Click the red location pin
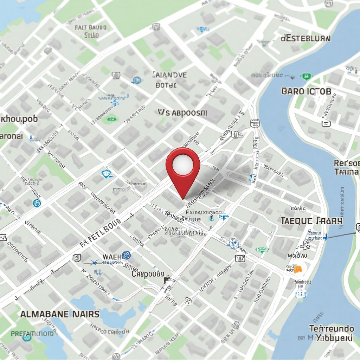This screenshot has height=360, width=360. [x=183, y=169]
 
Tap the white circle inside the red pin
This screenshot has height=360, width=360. [x=183, y=162]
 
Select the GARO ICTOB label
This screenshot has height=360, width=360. [x=306, y=91]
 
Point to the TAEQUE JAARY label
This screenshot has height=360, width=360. [x=311, y=221]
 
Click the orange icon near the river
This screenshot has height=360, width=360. [x=297, y=269]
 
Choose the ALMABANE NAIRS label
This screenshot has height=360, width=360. [x=60, y=314]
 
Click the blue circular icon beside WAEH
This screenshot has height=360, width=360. [x=127, y=256]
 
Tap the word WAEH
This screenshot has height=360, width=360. [x=111, y=257]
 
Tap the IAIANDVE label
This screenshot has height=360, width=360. [x=170, y=75]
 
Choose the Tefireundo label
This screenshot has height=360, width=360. [x=332, y=329]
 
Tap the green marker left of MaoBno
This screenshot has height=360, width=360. [x=262, y=250]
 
